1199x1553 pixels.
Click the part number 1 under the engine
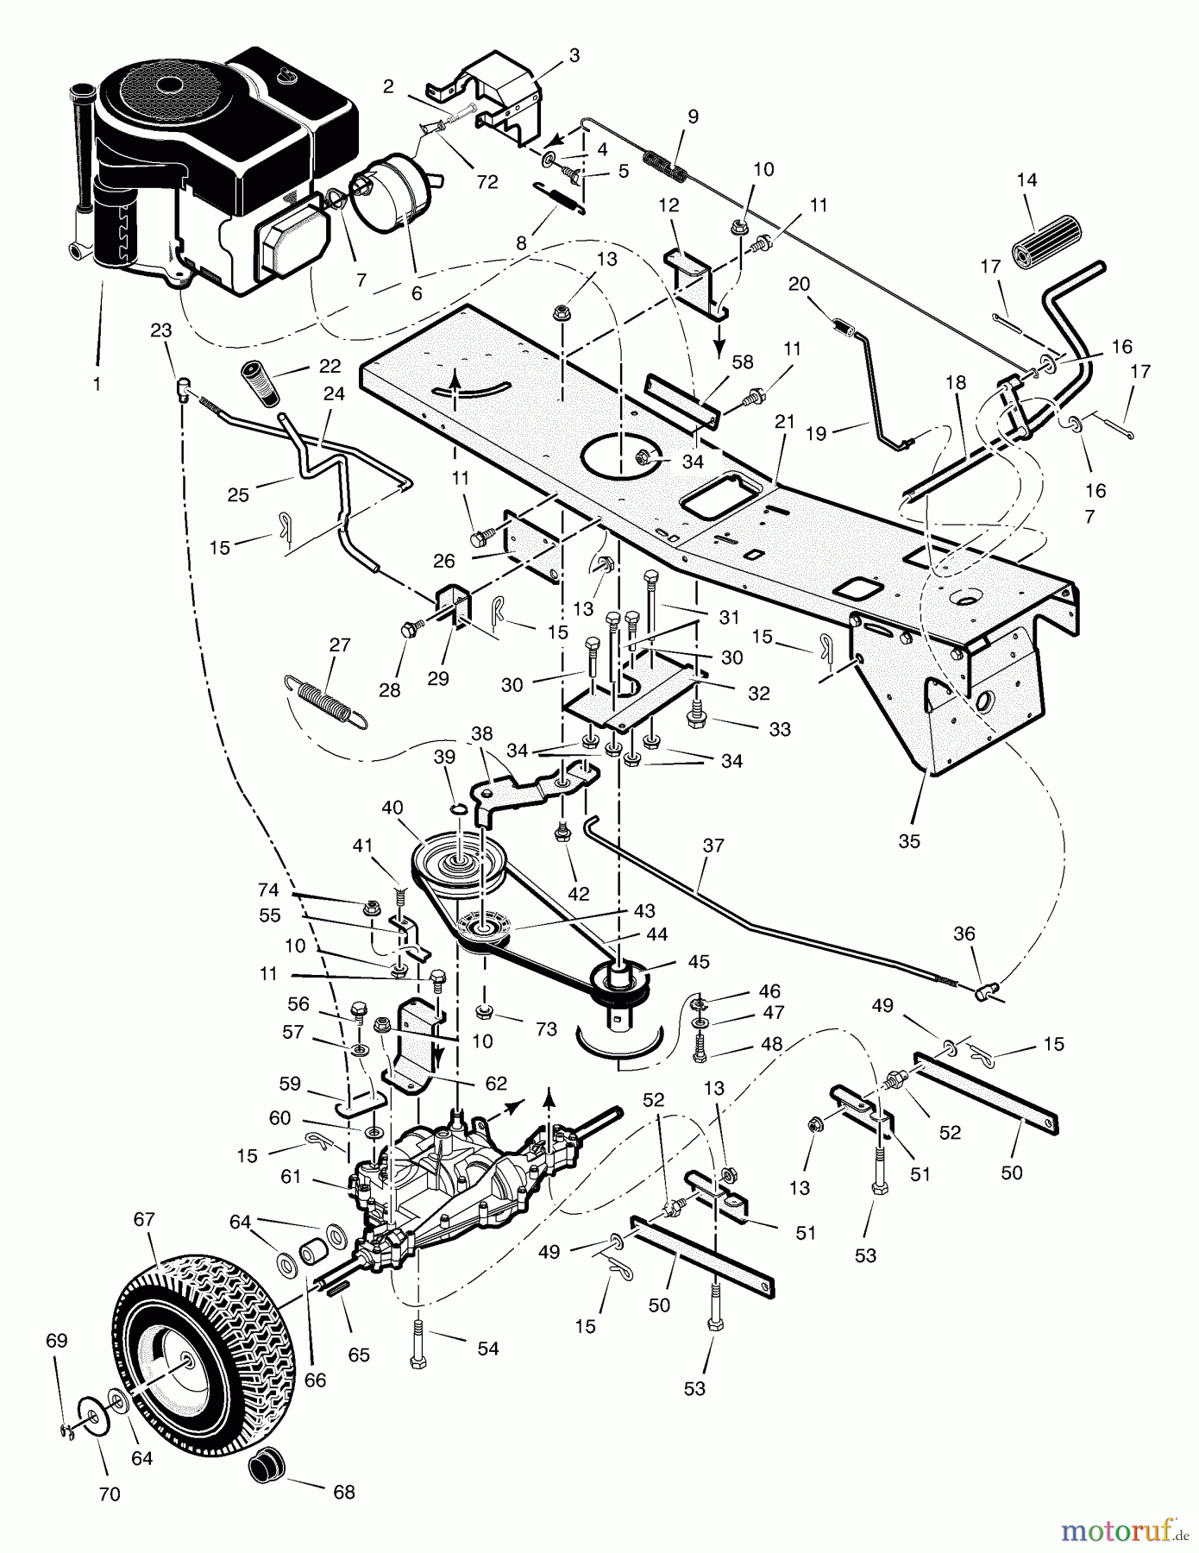coord(97,383)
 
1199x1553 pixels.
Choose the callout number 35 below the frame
coord(909,841)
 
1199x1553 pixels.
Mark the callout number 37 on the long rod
coord(714,846)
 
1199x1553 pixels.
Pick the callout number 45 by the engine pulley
coord(698,961)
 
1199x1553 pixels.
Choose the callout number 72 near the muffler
coord(487,182)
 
